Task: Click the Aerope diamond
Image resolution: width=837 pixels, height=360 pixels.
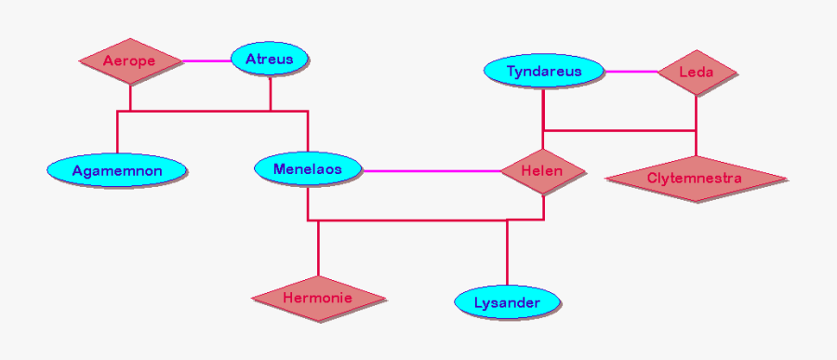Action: pyautogui.click(x=129, y=61)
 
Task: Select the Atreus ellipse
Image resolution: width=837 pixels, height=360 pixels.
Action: pyautogui.click(x=269, y=60)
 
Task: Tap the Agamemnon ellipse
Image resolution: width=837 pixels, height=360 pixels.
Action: pyautogui.click(x=117, y=170)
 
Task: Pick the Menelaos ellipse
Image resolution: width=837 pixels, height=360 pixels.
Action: pyautogui.click(x=307, y=169)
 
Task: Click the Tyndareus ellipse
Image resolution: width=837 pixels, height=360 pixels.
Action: pyautogui.click(x=544, y=72)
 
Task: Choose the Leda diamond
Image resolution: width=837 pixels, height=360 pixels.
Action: pyautogui.click(x=697, y=72)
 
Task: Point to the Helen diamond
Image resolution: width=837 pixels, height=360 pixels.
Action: pyautogui.click(x=542, y=171)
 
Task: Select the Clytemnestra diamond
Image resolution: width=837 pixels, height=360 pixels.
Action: pyautogui.click(x=695, y=178)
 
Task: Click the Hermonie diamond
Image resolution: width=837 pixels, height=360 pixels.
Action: pyautogui.click(x=318, y=299)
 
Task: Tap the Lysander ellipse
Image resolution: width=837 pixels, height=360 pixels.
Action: pyautogui.click(x=507, y=302)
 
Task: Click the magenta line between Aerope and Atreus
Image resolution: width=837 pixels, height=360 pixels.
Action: pyautogui.click(x=206, y=61)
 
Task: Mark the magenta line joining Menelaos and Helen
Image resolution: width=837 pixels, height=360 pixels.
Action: pyautogui.click(x=432, y=171)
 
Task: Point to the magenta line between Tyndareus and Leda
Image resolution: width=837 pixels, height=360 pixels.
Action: pyautogui.click(x=631, y=72)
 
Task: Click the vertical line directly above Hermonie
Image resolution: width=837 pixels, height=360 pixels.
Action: pyautogui.click(x=318, y=248)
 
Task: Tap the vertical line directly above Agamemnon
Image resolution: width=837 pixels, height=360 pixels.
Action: pyautogui.click(x=117, y=132)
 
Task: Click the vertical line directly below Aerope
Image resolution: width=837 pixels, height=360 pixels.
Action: pyautogui.click(x=130, y=98)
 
